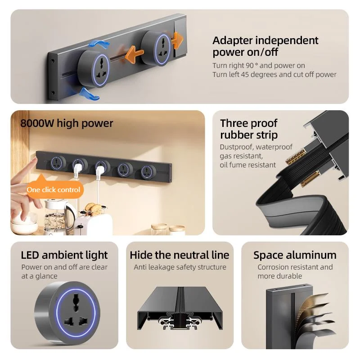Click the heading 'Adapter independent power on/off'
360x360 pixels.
tap(265, 46)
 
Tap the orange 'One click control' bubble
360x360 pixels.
tap(53, 189)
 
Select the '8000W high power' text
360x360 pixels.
tap(67, 123)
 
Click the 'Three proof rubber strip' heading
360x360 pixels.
tap(249, 129)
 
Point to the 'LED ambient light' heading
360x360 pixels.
tap(64, 255)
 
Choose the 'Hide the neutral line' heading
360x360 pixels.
tap(180, 255)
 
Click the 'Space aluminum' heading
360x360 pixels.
tap(295, 255)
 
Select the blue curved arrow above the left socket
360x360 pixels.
tap(99, 44)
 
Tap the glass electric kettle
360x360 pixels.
tap(56, 215)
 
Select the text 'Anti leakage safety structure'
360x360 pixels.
tap(180, 267)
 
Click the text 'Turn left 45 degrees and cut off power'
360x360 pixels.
tap(274, 75)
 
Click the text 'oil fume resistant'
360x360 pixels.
tap(248, 165)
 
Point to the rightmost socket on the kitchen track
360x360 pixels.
tap(145, 171)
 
